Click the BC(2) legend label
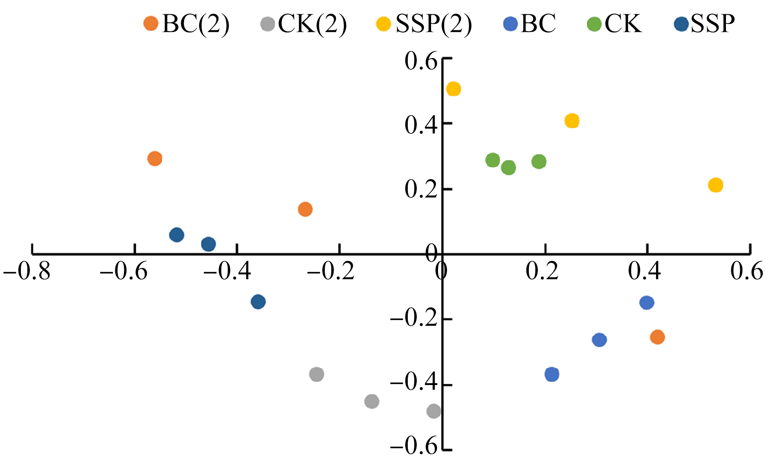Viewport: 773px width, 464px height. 196,23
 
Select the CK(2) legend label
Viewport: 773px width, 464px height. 312,23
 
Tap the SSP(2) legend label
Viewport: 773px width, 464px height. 434,23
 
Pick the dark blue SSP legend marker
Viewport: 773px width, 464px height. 681,24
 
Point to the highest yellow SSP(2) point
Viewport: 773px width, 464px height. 454,89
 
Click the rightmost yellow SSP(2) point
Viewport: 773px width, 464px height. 715,185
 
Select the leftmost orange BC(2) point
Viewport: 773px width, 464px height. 155,158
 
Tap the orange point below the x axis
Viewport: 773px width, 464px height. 657,337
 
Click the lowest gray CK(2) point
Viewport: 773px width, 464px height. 434,411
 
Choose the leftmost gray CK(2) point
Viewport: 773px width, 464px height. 317,374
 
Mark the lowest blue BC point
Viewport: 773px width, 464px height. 552,374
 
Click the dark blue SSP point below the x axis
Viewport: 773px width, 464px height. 258,302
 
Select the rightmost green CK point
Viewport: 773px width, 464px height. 539,162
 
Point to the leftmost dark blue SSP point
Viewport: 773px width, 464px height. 176,235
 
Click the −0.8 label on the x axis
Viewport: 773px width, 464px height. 27,271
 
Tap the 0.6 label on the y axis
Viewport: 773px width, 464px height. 421,61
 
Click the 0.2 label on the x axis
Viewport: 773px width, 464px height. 542,271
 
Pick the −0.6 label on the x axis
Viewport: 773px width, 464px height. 124,271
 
